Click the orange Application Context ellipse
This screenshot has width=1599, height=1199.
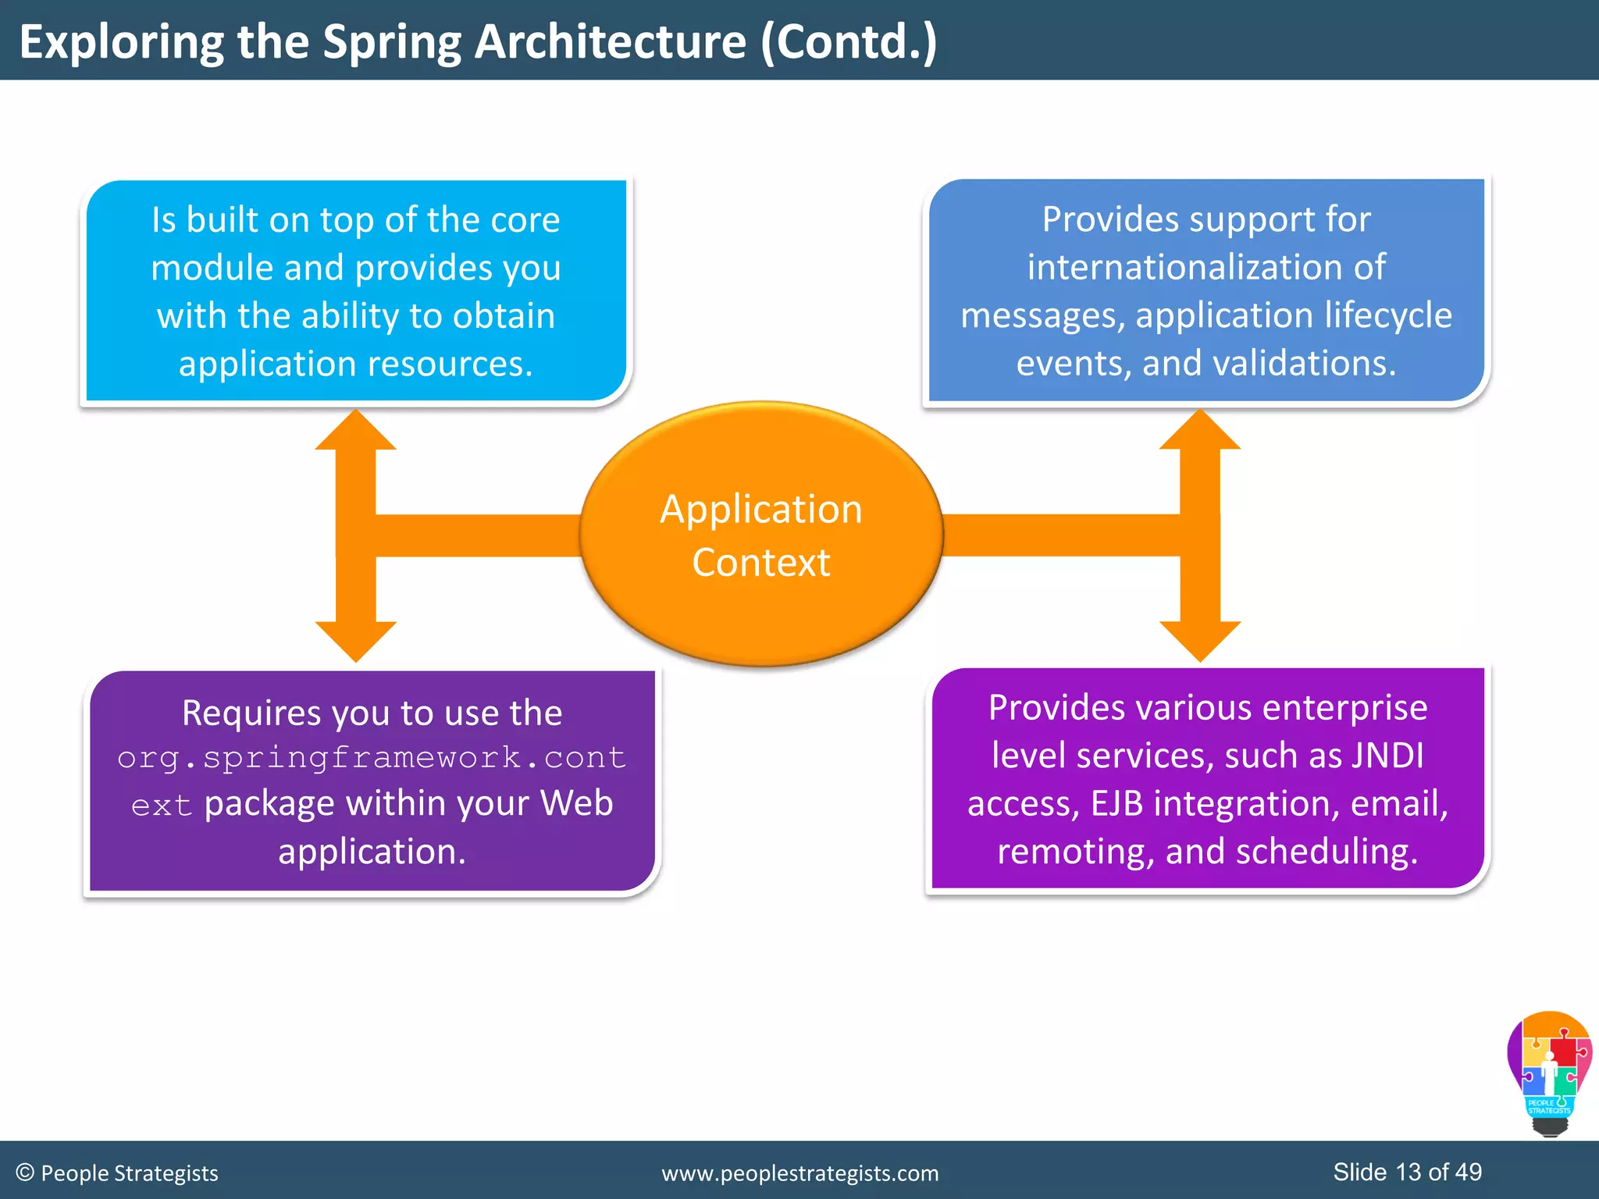point(761,535)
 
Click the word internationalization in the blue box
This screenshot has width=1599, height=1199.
point(1206,267)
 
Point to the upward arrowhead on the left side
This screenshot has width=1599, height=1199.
point(355,432)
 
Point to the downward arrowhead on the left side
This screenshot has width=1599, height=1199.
point(355,640)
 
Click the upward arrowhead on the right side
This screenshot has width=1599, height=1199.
point(1199,432)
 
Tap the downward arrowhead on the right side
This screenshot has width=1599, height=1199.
point(1199,640)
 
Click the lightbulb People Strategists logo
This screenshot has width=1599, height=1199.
point(1549,1073)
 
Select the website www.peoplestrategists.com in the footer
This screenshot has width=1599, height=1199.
point(799,1173)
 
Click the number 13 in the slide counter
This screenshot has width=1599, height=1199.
point(1408,1172)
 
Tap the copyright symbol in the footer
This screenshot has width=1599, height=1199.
point(25,1172)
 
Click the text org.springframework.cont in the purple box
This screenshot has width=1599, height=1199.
point(372,758)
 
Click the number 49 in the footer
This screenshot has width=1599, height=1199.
point(1468,1172)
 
